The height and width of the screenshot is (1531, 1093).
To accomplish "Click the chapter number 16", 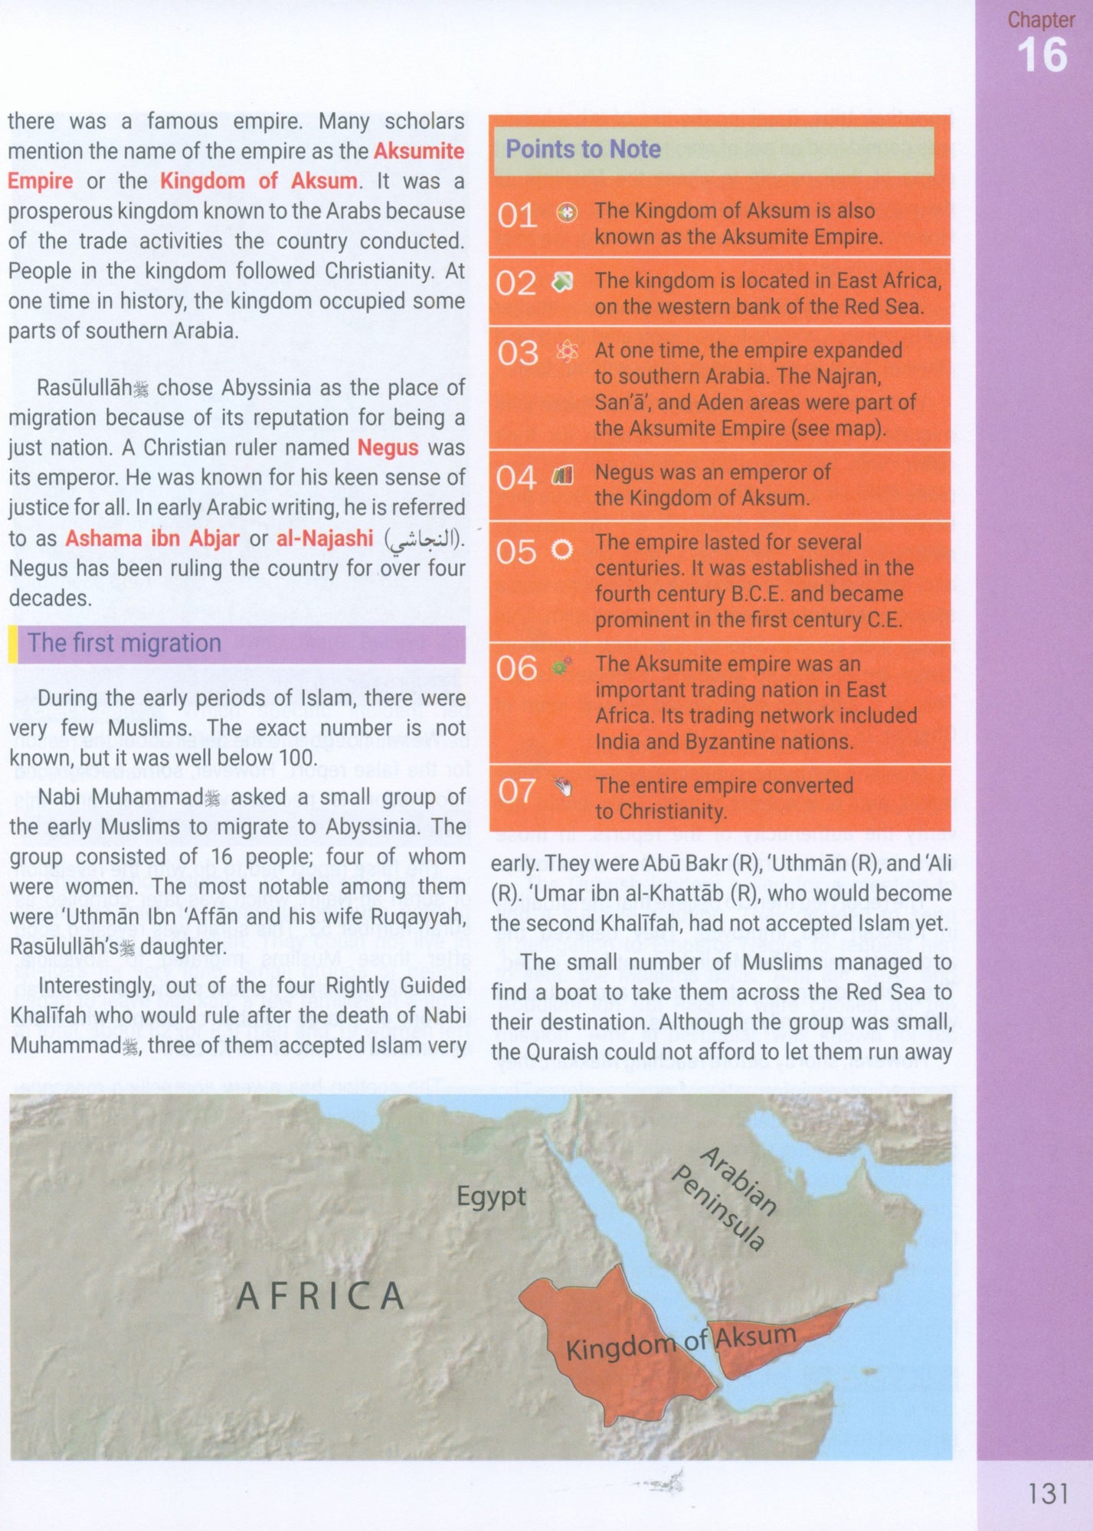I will [1042, 56].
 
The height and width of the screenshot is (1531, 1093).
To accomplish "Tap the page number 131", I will [1047, 1492].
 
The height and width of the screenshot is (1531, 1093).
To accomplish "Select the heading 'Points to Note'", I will [583, 149].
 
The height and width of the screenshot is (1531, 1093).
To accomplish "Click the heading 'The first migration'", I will [124, 643].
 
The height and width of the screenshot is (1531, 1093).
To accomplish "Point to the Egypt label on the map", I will [491, 1196].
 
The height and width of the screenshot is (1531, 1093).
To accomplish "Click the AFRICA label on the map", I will [320, 1296].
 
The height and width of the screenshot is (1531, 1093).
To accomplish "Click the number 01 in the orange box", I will [516, 217].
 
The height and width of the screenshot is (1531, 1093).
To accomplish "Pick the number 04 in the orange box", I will [515, 479].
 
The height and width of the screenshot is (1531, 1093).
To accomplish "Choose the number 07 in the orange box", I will [516, 792].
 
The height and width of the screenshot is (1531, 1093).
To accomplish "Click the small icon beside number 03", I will [566, 351].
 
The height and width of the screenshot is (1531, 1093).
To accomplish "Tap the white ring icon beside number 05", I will [563, 550].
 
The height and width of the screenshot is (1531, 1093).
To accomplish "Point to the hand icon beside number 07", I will [564, 787].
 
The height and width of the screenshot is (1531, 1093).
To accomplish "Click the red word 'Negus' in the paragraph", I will [388, 448].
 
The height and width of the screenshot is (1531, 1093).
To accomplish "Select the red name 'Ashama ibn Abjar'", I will [152, 538].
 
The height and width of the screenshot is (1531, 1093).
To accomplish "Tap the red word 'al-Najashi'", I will [325, 538].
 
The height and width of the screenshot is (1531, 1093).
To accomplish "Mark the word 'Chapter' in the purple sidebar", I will [1041, 20].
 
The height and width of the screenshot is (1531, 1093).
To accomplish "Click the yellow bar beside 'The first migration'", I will [12, 644].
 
